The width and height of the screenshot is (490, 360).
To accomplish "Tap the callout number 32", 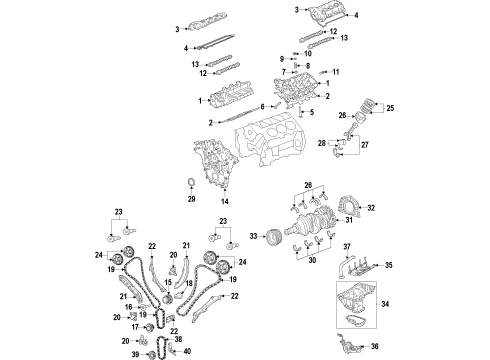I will pyautogui.click(x=371, y=209).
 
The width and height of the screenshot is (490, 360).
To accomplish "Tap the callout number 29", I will pyautogui.click(x=191, y=201).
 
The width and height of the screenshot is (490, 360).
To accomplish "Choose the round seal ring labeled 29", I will pyautogui.click(x=191, y=182).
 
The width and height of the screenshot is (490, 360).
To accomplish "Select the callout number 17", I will pyautogui.click(x=132, y=326).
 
